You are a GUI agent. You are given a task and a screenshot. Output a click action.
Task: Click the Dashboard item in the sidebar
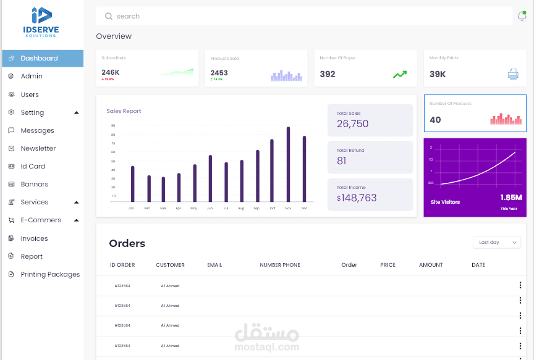pos(39,58)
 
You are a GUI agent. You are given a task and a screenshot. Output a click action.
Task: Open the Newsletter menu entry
pos(38,148)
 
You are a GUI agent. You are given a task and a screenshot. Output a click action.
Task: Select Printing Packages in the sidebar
pos(50,274)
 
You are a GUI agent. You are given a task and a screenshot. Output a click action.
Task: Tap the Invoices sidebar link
pos(34,238)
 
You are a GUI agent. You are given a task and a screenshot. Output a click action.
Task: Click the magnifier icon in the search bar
pos(109,16)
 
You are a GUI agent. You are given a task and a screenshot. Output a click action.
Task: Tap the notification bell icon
pos(522,16)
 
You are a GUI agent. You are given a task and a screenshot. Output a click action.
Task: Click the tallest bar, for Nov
pos(288,164)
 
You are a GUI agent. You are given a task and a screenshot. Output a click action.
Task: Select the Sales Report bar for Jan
pos(132,183)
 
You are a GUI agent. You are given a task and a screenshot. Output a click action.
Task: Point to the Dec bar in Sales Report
pos(304,169)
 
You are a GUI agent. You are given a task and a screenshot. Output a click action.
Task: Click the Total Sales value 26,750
pos(352,123)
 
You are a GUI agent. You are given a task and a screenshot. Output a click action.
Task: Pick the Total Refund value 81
pos(342,161)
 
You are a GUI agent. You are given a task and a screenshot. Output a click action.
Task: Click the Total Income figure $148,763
pos(357,198)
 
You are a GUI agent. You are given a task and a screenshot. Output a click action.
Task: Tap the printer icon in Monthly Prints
pos(513,74)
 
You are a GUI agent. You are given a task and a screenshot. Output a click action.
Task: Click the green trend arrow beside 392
pos(400,74)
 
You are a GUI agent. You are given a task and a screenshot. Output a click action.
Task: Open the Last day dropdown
pos(497,242)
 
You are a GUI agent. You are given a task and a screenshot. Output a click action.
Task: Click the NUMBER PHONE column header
pos(280,265)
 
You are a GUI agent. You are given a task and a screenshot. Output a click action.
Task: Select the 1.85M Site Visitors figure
pos(511,198)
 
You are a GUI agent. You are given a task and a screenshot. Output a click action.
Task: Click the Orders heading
pos(127,243)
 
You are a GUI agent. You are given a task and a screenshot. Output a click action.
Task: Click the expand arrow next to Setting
pos(77,112)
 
